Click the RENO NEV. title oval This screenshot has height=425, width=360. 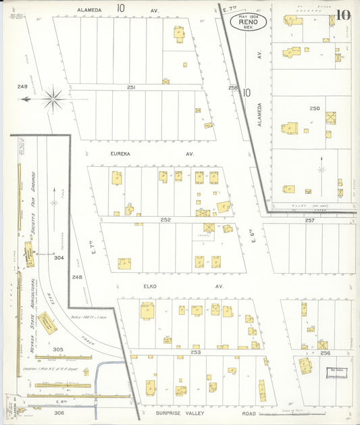pyautogui.click(x=249, y=22)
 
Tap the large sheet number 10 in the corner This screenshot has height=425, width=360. pyautogui.click(x=344, y=15)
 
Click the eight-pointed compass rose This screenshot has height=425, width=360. pyautogui.click(x=53, y=99)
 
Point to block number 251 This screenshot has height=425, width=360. pyautogui.click(x=131, y=88)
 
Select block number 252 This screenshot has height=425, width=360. pyautogui.click(x=165, y=220)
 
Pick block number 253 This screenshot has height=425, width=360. pyautogui.click(x=196, y=353)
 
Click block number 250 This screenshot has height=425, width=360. pyautogui.click(x=314, y=108)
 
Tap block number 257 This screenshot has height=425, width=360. pyautogui.click(x=309, y=220)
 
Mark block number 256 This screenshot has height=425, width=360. pyautogui.click(x=325, y=353)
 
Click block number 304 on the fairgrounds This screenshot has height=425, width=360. pyautogui.click(x=58, y=257)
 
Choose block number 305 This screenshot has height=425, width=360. pyautogui.click(x=58, y=349)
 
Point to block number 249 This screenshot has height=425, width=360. pyautogui.click(x=22, y=87)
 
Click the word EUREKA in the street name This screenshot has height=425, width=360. pyautogui.click(x=124, y=154)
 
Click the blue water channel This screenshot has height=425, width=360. pyautogui.click(x=103, y=378)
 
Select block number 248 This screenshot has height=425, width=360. pyautogui.click(x=77, y=277)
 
